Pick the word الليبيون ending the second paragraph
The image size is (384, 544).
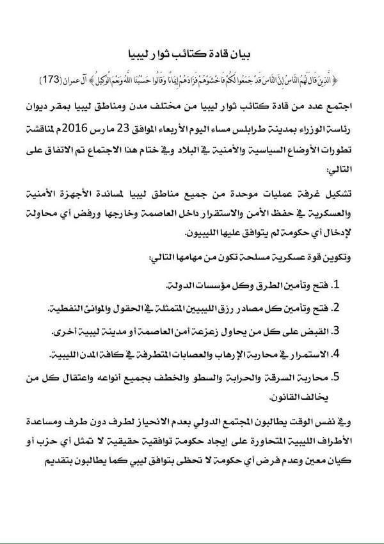click(171, 229)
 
